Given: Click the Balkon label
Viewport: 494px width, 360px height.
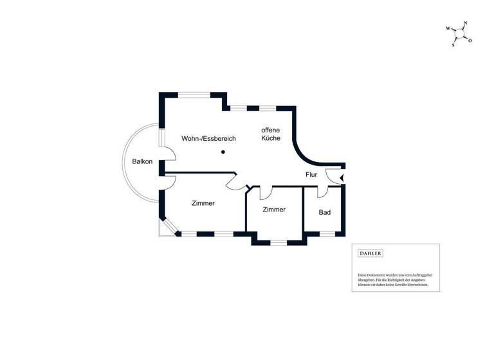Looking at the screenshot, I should (x=142, y=161).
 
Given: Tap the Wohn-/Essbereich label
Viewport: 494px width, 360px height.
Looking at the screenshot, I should (x=208, y=139).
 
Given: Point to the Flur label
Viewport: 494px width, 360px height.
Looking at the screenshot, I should (x=312, y=174).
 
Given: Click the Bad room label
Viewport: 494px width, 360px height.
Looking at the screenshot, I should (x=325, y=212).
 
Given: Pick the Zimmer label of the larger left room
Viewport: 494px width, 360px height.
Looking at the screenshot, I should (x=203, y=203).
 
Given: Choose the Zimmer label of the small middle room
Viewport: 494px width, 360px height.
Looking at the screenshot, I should (x=274, y=210).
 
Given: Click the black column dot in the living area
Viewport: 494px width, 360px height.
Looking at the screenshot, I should (x=223, y=152).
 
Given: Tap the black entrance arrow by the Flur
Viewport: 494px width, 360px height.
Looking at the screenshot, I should (x=342, y=177).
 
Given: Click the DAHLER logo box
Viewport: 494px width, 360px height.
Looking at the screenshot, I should (x=370, y=253).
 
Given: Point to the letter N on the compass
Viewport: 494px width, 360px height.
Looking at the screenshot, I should (x=465, y=24).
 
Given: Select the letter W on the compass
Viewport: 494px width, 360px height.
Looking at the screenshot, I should (x=448, y=29).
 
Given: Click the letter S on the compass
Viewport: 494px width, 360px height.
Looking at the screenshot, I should (x=453, y=46).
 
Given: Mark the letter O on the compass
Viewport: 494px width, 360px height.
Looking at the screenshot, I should (x=470, y=40).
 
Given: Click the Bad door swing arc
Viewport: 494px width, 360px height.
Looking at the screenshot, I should (x=322, y=191).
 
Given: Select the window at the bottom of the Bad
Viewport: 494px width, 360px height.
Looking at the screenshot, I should (x=327, y=233).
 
